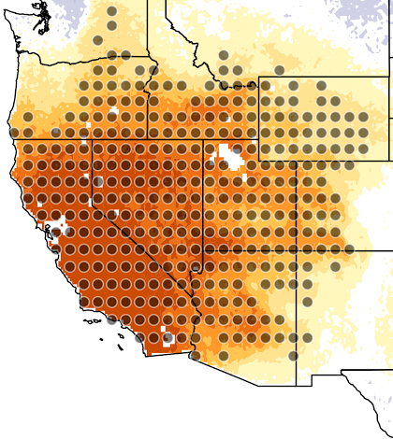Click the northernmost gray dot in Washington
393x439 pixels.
point(112,12)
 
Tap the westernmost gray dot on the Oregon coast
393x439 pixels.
point(28,118)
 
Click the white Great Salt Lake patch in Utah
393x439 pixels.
point(227,155)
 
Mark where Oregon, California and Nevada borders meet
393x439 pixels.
point(91,141)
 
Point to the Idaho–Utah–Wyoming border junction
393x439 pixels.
point(258,141)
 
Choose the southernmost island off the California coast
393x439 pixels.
point(121,348)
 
